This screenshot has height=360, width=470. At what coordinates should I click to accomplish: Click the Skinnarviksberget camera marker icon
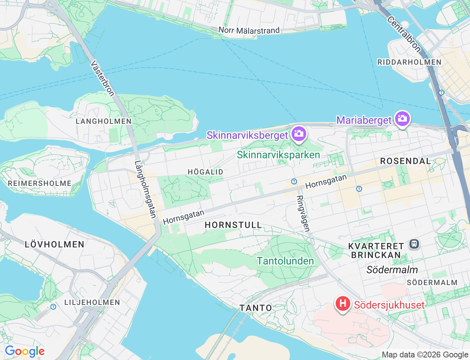[x=299, y=134]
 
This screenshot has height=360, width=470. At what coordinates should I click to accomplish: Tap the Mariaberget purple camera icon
[x=402, y=119]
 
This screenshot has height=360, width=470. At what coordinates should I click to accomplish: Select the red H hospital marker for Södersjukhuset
[x=342, y=304]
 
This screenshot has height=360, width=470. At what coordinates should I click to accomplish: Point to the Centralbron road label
[x=404, y=34]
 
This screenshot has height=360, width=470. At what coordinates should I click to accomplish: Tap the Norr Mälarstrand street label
[x=249, y=30]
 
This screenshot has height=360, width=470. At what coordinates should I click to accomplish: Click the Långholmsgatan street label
[x=145, y=189]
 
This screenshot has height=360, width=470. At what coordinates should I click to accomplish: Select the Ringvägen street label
[x=303, y=213]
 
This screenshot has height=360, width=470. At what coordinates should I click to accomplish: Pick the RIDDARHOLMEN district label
[x=409, y=62]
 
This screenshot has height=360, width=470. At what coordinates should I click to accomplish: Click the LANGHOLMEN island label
[x=104, y=121]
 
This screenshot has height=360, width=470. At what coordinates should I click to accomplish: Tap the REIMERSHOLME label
[x=40, y=183]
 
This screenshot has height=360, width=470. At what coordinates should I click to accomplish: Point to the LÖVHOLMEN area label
[x=55, y=244]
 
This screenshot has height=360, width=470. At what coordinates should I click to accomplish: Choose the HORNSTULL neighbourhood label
[x=233, y=225]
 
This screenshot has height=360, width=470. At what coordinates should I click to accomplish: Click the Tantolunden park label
[x=285, y=261]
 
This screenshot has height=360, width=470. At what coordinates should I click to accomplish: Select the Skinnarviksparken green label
[x=278, y=155]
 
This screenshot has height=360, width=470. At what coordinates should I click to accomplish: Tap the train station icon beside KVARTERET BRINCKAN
[x=414, y=244]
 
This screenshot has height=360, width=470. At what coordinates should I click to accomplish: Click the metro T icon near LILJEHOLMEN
[x=53, y=306]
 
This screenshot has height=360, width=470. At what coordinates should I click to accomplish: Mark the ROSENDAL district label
[x=405, y=161]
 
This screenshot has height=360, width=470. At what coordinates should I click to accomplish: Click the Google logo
[x=25, y=352]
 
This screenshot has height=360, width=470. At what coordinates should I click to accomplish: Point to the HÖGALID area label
[x=205, y=172]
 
